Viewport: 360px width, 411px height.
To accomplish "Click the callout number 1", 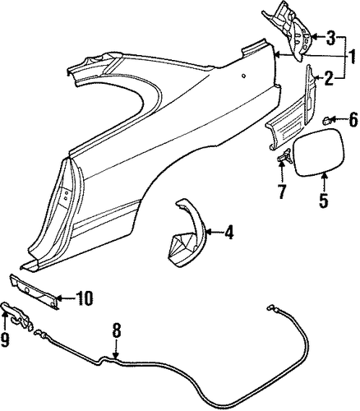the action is pyautogui.click(x=351, y=58).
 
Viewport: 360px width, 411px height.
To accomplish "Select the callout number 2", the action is pyautogui.click(x=330, y=78).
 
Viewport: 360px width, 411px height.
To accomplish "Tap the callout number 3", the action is pyautogui.click(x=330, y=37).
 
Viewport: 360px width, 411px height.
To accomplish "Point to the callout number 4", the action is pyautogui.click(x=228, y=233).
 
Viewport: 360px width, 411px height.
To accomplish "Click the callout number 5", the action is pyautogui.click(x=324, y=201).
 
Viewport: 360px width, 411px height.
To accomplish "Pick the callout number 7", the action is pyautogui.click(x=282, y=192).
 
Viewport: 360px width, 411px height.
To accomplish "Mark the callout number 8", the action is pyautogui.click(x=117, y=330).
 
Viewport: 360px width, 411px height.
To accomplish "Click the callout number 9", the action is pyautogui.click(x=5, y=340).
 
